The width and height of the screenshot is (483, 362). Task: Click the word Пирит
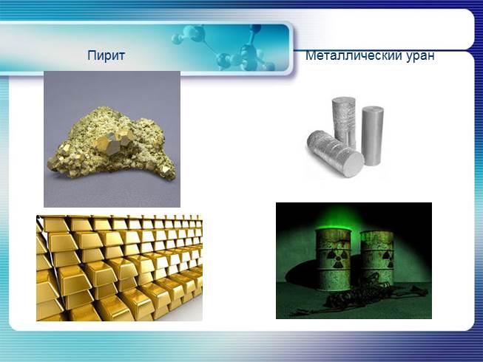[106, 55]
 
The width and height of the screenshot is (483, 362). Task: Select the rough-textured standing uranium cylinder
[344, 122]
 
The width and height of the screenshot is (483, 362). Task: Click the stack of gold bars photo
[119, 267]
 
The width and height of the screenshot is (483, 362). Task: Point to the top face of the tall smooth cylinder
[373, 109]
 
